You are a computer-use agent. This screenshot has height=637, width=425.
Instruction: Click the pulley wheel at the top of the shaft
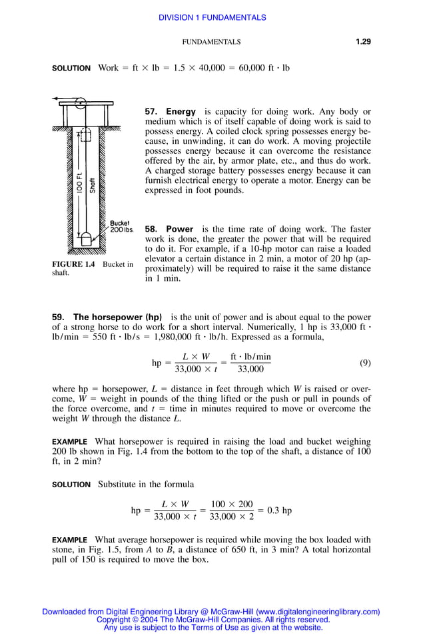[x=80, y=103]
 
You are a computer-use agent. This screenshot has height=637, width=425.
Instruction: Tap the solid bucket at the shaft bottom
[x=85, y=238]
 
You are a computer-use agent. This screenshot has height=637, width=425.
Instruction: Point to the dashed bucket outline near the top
[x=84, y=137]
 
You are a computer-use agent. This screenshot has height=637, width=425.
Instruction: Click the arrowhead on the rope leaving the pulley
[x=55, y=99]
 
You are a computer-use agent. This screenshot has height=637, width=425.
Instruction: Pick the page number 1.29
[x=363, y=41]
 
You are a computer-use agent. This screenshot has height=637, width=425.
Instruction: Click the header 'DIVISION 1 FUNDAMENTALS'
[x=212, y=18]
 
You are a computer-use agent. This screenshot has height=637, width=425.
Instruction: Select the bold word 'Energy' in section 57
[x=181, y=112]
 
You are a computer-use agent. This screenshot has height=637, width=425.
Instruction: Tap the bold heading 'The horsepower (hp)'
[x=118, y=317]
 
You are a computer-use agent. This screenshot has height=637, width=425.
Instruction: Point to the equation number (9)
[x=365, y=363]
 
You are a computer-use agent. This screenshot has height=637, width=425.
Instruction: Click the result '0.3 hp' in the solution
[x=279, y=511]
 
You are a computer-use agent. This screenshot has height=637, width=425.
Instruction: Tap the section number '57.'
[x=151, y=112]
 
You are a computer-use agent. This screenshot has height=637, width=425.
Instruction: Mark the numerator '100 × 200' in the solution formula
[x=231, y=505]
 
